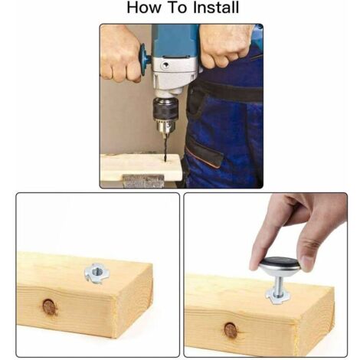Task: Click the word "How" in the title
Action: coord(144,8)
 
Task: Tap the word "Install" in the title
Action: coord(216,8)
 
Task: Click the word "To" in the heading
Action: coord(178,8)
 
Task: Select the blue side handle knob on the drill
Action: coord(145,61)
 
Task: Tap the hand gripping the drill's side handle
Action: coord(120,55)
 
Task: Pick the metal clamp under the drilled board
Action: coord(143,181)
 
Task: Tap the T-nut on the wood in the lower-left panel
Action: coord(95,273)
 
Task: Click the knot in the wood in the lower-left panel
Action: coord(49,307)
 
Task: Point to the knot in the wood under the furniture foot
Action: coord(231,330)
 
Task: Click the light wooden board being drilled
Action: coord(141,166)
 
